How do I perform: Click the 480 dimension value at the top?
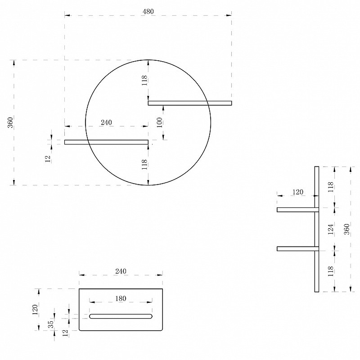point(148,12)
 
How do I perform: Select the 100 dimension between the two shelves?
point(160,122)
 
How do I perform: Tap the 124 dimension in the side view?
point(330,229)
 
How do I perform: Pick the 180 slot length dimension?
point(121,298)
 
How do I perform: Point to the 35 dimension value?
point(51,324)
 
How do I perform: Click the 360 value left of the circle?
point(10,122)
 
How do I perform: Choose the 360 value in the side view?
point(346,229)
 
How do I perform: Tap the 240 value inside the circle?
point(106,122)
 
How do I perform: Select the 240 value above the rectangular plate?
point(121,271)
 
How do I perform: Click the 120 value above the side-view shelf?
point(298,192)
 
